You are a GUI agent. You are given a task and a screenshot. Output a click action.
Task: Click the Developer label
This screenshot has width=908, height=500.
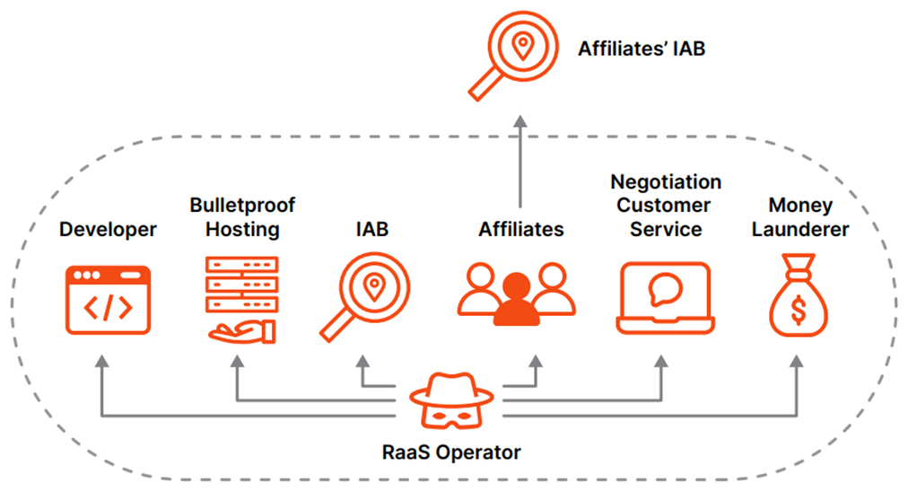click(108, 230)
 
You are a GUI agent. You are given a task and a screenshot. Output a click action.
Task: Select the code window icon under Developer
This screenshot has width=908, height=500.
click(108, 300)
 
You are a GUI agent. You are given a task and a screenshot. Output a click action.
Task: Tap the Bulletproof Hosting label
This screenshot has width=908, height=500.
click(242, 217)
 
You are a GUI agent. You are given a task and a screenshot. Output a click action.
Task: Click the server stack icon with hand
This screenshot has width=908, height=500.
click(240, 299)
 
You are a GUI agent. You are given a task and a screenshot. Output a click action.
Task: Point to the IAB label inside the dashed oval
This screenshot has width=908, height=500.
click(371, 230)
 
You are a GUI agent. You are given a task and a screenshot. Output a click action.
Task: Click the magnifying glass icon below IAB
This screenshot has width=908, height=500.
click(363, 295)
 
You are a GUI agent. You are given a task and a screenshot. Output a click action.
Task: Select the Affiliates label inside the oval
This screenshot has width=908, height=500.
click(520, 230)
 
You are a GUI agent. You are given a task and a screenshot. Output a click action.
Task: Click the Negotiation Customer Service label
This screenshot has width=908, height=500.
click(666, 206)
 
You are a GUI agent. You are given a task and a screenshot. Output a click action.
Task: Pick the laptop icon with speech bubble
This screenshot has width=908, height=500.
click(666, 298)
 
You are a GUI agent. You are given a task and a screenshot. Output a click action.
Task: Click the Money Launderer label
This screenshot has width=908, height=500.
click(800, 217)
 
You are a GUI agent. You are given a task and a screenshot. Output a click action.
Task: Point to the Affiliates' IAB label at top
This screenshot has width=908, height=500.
click(641, 48)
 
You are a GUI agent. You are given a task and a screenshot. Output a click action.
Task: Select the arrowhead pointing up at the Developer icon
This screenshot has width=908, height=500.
click(101, 361)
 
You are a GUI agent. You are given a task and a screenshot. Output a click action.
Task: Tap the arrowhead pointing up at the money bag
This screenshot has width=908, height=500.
click(798, 361)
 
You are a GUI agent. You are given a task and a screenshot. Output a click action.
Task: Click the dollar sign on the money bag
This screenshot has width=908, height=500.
click(799, 310)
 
